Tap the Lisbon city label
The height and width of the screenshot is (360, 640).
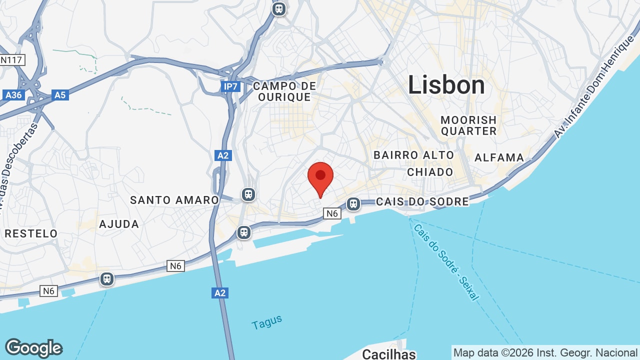click(446, 85)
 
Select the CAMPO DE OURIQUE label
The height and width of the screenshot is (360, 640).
click(284, 91)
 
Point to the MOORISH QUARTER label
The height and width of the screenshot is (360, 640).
click(468, 125)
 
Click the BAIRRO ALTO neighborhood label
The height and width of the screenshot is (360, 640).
click(413, 155)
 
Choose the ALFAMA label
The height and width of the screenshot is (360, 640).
click(499, 157)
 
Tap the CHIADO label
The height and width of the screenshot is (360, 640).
click(430, 172)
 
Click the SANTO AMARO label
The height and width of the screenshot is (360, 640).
click(174, 200)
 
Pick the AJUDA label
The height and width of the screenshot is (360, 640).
click(119, 224)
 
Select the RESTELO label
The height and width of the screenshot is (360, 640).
click(31, 233)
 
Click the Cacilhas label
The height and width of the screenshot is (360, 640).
click(388, 354)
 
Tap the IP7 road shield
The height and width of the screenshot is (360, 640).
click(230, 87)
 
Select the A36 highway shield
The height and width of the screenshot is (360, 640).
click(13, 94)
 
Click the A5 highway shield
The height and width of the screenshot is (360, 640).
click(59, 94)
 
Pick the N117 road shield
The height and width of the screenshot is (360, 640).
click(12, 60)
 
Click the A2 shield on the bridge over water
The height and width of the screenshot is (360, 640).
click(220, 292)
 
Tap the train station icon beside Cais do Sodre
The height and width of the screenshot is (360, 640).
click(353, 203)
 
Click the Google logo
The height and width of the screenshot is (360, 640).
click(33, 348)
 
